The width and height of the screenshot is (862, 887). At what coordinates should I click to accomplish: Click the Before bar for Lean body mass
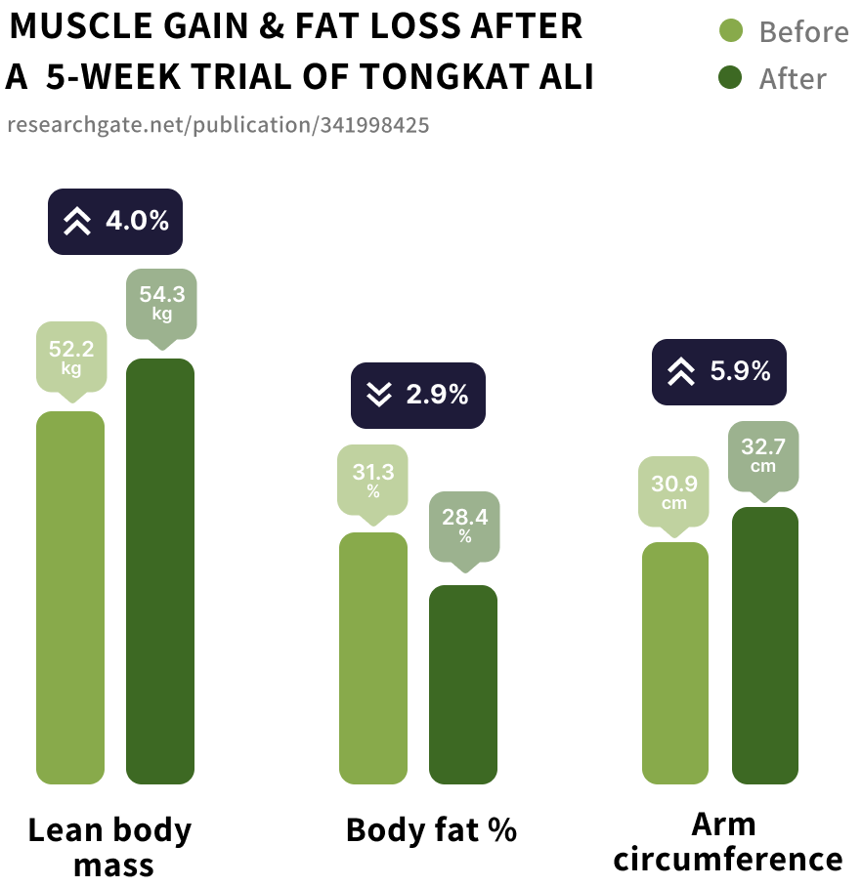70,597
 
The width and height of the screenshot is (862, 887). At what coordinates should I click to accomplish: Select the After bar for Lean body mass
160,570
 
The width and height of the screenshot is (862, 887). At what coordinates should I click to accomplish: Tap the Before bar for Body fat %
373,657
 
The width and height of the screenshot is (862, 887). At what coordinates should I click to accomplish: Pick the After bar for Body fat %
463,684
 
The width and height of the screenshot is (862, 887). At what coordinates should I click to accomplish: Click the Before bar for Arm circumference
675,662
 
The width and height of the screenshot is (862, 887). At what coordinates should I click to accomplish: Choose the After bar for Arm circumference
765,645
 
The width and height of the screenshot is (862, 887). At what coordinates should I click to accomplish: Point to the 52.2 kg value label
70,357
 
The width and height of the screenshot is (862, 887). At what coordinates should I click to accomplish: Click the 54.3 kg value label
161,303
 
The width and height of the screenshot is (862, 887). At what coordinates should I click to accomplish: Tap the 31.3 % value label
373,480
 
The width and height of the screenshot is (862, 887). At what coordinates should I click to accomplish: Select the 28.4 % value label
464,525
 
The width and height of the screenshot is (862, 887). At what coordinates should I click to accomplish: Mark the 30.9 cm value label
674,491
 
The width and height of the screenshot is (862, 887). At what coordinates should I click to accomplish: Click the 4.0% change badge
116,222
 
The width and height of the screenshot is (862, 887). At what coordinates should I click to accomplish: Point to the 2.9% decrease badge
418,395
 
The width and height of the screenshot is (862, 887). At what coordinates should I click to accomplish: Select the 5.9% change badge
719,371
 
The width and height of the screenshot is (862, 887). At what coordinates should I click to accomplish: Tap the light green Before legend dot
730,32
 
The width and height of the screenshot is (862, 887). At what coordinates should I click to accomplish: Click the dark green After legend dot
730,78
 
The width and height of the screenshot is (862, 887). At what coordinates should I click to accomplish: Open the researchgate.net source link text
217,125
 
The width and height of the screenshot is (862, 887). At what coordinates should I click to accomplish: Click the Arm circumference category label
724,841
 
